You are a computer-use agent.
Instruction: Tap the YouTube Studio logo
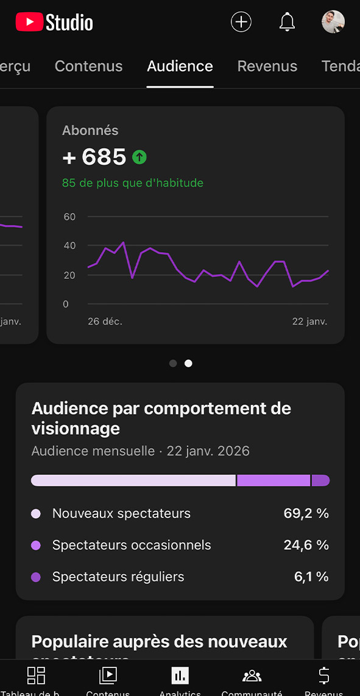coord(54,23)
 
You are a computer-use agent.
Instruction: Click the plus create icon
coord(241,22)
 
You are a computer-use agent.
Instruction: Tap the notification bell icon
coord(287,22)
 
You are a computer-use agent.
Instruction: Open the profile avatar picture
coord(333,22)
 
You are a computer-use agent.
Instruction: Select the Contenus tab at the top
coord(88,66)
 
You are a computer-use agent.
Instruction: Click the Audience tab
coord(180,66)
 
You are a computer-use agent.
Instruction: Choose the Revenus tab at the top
coord(267,66)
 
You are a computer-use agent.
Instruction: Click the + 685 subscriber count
coord(94,157)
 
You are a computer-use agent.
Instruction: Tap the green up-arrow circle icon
coord(139,158)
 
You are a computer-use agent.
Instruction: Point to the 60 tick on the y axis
coord(69,217)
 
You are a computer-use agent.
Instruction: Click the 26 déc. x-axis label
coord(105,322)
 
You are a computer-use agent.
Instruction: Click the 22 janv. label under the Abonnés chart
coord(309,322)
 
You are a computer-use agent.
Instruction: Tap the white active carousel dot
coord(188,363)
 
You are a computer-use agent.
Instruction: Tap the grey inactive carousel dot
coord(173,363)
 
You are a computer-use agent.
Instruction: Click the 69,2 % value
coord(306,513)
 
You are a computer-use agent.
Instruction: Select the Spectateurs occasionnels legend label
coord(132,545)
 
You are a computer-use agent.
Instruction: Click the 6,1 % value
coord(311,577)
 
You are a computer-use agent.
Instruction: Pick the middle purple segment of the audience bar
coord(274,480)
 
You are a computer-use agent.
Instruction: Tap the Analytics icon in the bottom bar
coord(180,675)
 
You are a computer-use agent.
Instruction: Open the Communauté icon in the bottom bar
coord(252,675)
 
